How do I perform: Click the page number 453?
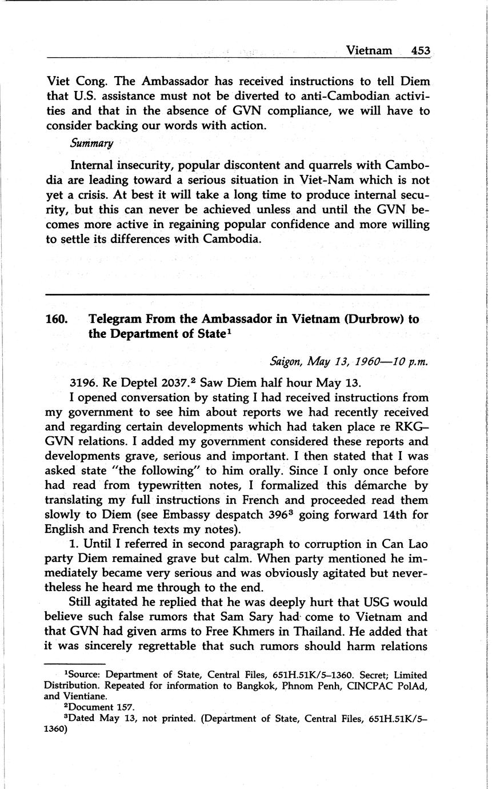[x=420, y=50]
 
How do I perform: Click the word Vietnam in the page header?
[x=369, y=50]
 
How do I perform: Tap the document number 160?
[x=57, y=320]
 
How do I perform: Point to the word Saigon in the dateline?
[x=286, y=361]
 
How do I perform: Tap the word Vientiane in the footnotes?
[x=87, y=696]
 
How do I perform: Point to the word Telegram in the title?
[x=117, y=320]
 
